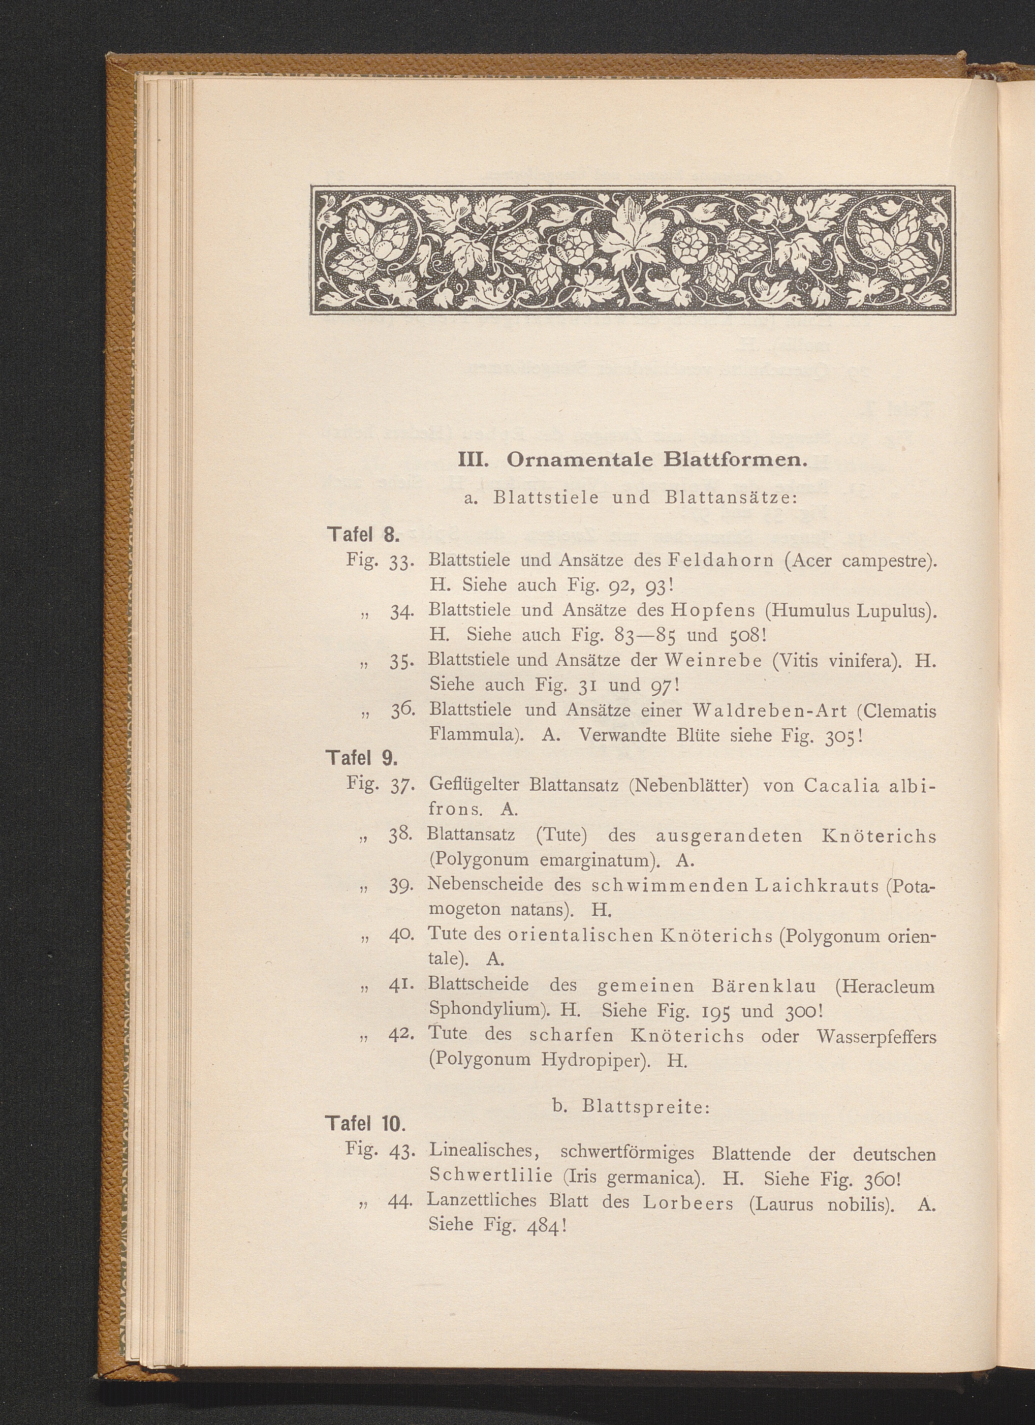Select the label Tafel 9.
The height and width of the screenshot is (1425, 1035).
(x=362, y=758)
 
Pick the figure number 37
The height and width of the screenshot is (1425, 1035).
(x=399, y=787)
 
